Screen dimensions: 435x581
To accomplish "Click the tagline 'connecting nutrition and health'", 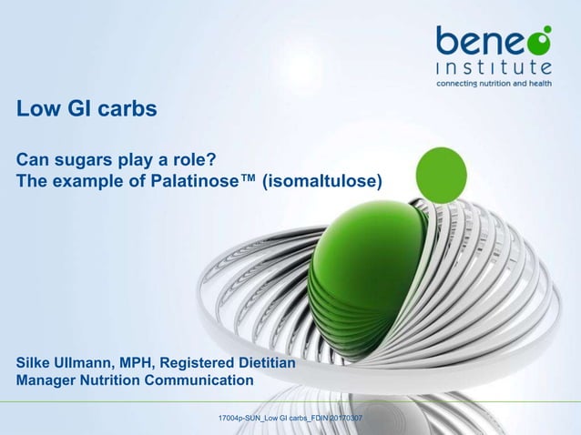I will pos(494,83).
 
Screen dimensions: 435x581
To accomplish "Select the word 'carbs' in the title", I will pos(131,110).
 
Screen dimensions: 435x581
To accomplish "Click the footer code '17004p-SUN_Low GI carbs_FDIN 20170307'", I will pos(290,418).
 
